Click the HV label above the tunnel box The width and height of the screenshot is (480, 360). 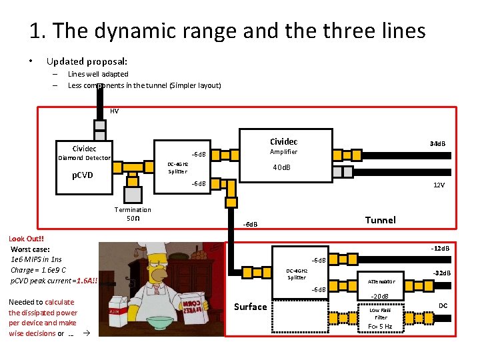tap(114, 111)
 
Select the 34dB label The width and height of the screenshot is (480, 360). tap(438, 144)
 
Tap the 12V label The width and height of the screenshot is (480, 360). tap(439, 185)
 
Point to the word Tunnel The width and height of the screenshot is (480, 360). tap(380, 220)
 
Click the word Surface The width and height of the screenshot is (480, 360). tap(250, 307)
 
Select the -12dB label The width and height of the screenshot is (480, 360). tap(440, 249)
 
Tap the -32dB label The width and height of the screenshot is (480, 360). tap(441, 273)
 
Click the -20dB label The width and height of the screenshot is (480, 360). tap(379, 296)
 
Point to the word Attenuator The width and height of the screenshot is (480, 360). tap(381, 281)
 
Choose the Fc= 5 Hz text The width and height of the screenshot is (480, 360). tap(380, 327)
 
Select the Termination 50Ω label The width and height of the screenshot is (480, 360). tap(133, 214)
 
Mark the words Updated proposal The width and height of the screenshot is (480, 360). tap(87, 61)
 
